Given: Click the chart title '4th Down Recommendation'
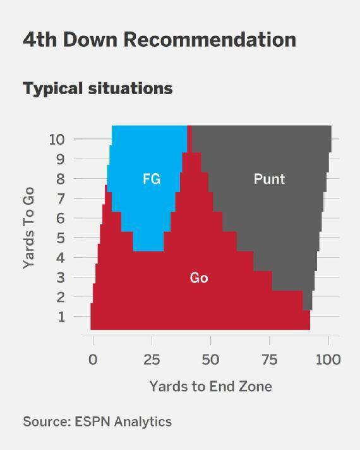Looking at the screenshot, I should [x=159, y=39].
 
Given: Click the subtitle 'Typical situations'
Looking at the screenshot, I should [x=98, y=88].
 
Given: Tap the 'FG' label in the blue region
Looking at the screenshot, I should [x=152, y=179].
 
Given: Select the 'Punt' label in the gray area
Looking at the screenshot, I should [x=269, y=179].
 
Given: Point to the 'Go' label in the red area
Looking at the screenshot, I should [x=199, y=278].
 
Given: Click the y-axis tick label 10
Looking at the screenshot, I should [x=57, y=139].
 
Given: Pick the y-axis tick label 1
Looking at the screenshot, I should [x=61, y=317].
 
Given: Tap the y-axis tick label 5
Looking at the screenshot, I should [x=61, y=238].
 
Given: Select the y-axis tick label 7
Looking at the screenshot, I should [x=61, y=198].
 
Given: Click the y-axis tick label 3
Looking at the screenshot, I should [x=61, y=277].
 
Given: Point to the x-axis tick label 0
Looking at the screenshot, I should [x=93, y=360].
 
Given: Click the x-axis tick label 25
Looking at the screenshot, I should [x=152, y=360].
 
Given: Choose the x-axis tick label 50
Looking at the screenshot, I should [x=210, y=360].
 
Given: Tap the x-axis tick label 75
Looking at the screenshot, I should [x=269, y=360].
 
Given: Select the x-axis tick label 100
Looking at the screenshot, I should [x=327, y=360].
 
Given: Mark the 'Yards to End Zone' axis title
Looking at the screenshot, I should [x=210, y=386].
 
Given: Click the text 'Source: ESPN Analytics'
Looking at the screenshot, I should [x=97, y=422].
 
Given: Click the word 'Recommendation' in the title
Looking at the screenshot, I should [x=209, y=39].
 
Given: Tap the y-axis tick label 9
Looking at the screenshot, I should [x=61, y=159].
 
